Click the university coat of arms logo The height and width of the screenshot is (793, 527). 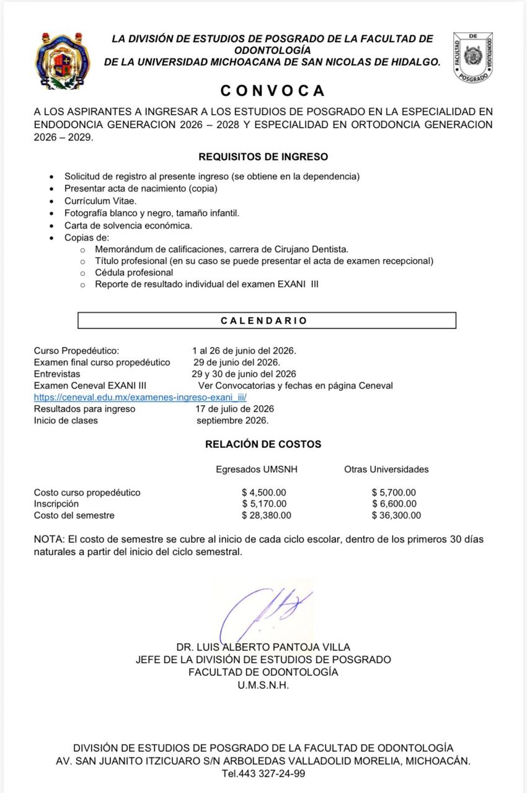click(x=62, y=61)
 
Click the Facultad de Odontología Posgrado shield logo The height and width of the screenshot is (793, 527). click(x=473, y=57)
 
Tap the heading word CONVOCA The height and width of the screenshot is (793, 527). click(x=273, y=90)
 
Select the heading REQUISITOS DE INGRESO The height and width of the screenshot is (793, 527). click(x=263, y=157)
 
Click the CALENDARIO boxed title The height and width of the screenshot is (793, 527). click(x=267, y=320)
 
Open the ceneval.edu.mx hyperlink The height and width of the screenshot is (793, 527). click(x=140, y=397)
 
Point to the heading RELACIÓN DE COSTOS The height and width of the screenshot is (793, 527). click(x=263, y=444)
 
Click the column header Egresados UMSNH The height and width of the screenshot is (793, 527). click(x=257, y=469)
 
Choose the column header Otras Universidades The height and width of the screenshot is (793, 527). click(x=386, y=469)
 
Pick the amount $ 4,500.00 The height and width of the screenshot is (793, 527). click(x=264, y=493)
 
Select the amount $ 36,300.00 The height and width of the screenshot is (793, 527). click(x=396, y=515)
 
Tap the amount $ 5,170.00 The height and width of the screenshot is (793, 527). click(x=264, y=504)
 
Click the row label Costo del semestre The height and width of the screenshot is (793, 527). click(x=74, y=515)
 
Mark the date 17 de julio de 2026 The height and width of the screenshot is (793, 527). click(x=235, y=409)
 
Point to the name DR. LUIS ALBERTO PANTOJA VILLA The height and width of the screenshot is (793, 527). click(x=263, y=647)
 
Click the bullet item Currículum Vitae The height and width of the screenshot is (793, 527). click(x=100, y=201)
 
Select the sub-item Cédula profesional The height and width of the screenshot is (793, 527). click(x=134, y=273)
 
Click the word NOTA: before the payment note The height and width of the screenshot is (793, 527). click(x=48, y=539)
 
